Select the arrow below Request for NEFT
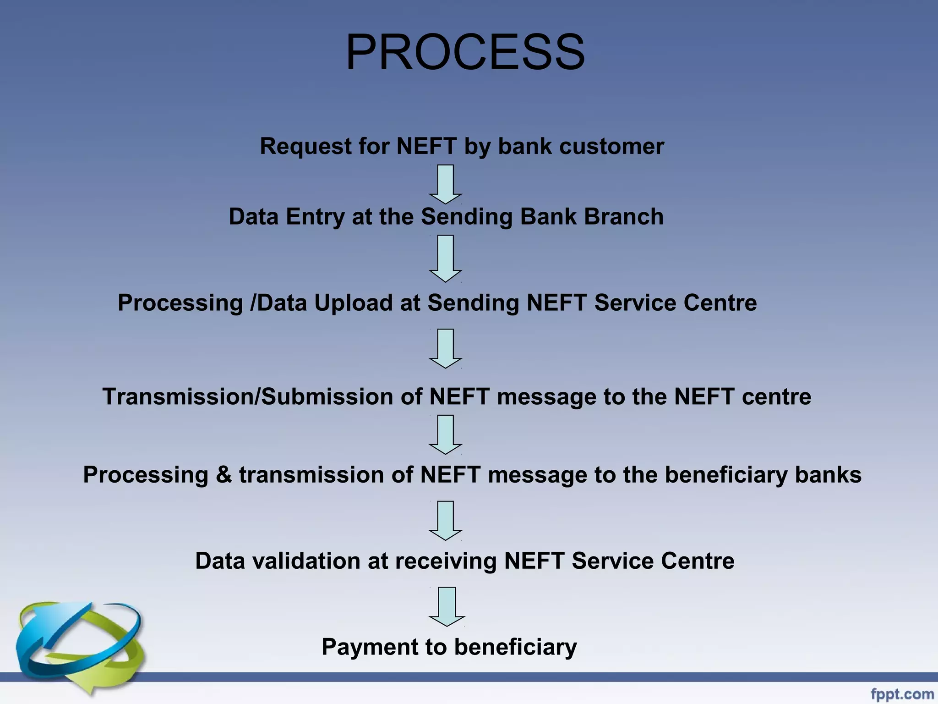[446, 184]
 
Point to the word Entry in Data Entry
[315, 217]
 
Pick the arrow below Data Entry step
[446, 258]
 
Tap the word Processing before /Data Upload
[180, 303]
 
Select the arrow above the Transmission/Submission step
[446, 348]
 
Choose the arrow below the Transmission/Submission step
[446, 434]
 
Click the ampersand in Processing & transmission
[224, 475]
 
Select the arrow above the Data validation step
[446, 521]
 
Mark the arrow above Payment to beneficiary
[447, 606]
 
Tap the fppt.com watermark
[902, 693]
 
